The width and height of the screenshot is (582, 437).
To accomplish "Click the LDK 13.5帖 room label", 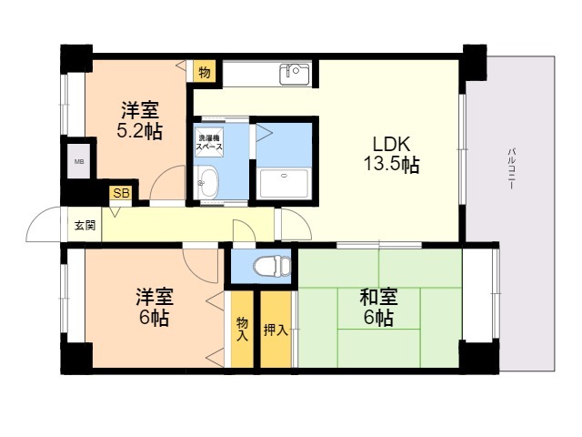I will tap(393, 154).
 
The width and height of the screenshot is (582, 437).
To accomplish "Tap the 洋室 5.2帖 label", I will tap(139, 120).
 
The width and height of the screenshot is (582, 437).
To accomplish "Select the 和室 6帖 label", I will tap(377, 307).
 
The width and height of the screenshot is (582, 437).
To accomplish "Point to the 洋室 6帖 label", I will tap(154, 307).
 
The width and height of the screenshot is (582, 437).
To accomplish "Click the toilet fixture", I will tap(269, 266).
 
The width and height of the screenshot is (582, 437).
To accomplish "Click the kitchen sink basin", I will tap(293, 73).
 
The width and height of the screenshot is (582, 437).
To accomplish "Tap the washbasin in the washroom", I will tap(208, 181).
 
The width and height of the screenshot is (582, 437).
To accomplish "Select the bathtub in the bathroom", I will tap(286, 182).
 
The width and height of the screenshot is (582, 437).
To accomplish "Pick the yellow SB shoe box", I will tap(120, 193).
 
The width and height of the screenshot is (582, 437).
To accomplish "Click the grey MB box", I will tap(77, 162).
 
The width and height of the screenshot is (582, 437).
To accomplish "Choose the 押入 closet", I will tap(276, 329).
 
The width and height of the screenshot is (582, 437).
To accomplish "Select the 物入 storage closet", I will tap(242, 329).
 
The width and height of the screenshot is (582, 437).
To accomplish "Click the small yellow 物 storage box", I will tap(204, 73).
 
